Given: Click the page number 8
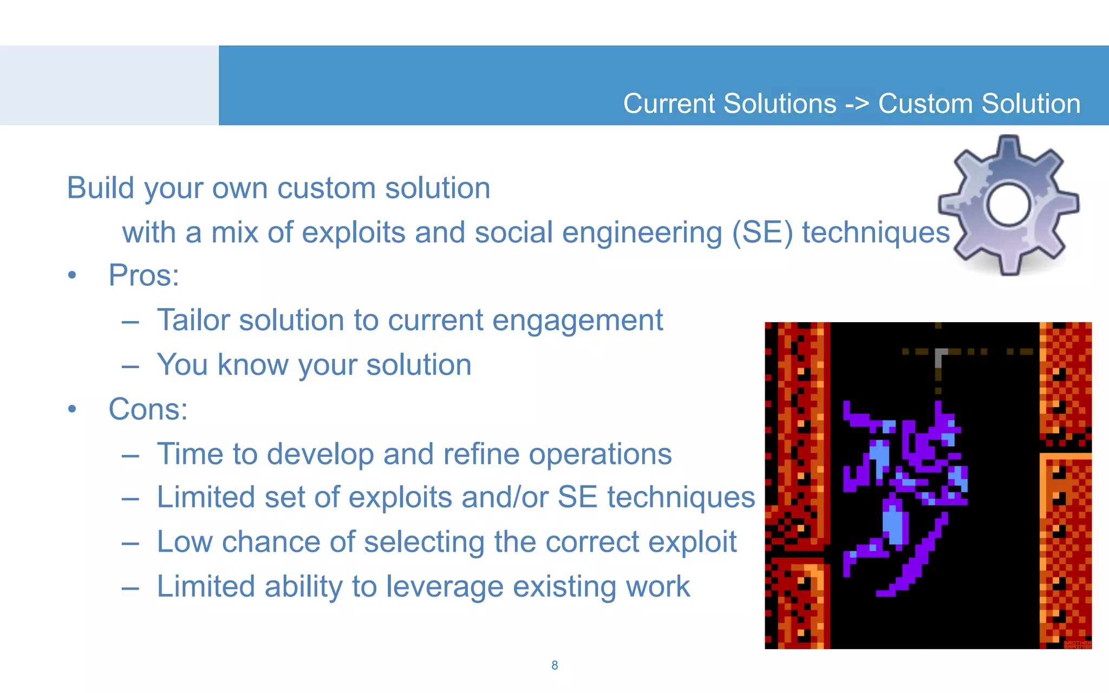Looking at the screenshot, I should [x=554, y=665].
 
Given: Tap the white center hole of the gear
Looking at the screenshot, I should [x=1008, y=205].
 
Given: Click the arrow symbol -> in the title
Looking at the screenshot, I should [x=857, y=104].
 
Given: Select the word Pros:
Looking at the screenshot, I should [x=143, y=275].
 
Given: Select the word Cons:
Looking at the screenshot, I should [x=148, y=409].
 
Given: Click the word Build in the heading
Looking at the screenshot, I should [x=100, y=188].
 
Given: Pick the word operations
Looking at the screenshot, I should [x=600, y=454].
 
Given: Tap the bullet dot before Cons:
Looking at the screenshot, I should [x=72, y=410].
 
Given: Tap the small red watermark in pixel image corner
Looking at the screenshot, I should [x=1077, y=644].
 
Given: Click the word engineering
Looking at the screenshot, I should [x=642, y=233].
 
